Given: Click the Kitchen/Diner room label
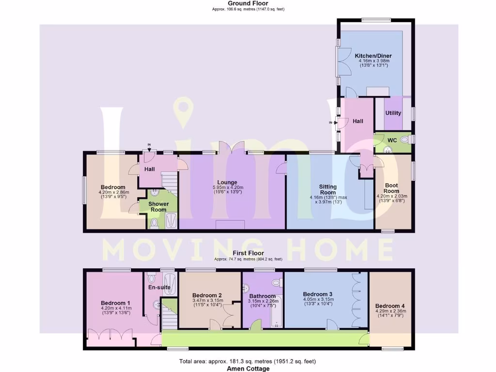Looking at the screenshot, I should point(373,56).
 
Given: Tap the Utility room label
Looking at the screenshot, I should point(393,113).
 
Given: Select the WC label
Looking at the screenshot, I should point(392,140).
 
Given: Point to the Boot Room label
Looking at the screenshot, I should point(392,188).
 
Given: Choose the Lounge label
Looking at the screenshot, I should point(227,183).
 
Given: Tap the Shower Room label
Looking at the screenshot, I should point(158,207).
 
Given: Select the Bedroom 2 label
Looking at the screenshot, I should point(207,295).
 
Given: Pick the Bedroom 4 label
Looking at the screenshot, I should point(390,306).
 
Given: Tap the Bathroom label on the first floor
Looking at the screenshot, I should point(263,296).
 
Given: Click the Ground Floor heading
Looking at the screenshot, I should point(248,3).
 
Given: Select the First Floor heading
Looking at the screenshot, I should point(248,253).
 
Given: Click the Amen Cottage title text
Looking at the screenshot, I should point(248,369).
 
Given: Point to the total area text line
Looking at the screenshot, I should point(248,361).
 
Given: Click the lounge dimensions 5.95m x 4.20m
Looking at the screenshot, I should point(227,188).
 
